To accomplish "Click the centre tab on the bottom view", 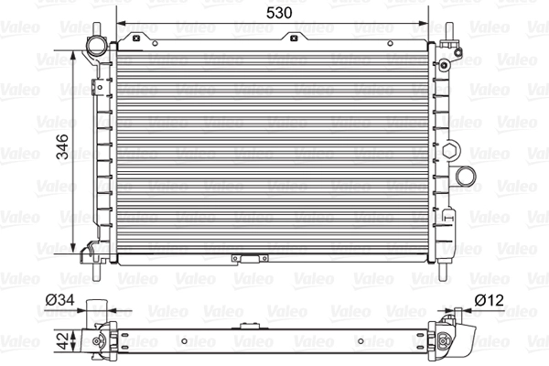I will (x=247, y=327).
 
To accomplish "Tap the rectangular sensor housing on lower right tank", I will (x=449, y=220).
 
